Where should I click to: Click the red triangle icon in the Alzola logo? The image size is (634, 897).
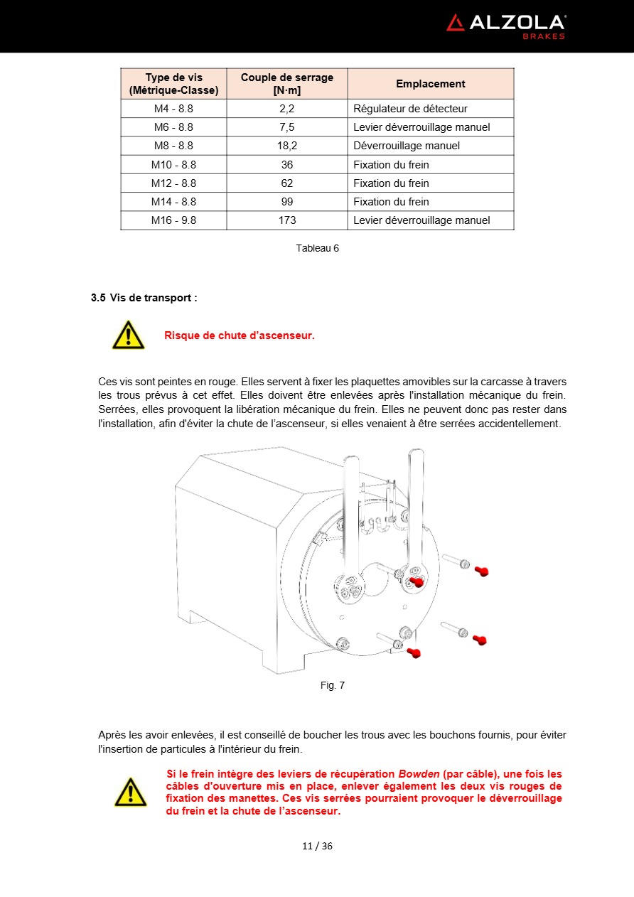pyautogui.click(x=456, y=23)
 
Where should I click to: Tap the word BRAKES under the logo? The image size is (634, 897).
pyautogui.click(x=544, y=36)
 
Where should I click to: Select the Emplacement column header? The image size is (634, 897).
pyautogui.click(x=430, y=84)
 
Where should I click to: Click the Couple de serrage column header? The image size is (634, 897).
pyautogui.click(x=286, y=84)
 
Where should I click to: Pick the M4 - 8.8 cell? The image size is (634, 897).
pyautogui.click(x=173, y=109)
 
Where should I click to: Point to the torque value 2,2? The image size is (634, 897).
pyautogui.click(x=286, y=109)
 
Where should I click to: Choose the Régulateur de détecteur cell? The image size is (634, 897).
pyautogui.click(x=410, y=109)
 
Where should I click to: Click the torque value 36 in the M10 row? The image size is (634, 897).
pyautogui.click(x=286, y=164)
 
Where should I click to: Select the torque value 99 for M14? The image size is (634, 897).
pyautogui.click(x=286, y=202)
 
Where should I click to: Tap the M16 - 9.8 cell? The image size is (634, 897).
pyautogui.click(x=173, y=220)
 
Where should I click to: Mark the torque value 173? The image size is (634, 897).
pyautogui.click(x=286, y=220)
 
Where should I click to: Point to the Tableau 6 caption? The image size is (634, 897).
pyautogui.click(x=317, y=248)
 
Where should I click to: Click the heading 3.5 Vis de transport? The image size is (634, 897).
pyautogui.click(x=144, y=298)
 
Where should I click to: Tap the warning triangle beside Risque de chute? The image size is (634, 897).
pyautogui.click(x=128, y=335)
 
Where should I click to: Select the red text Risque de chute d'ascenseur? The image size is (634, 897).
pyautogui.click(x=239, y=335)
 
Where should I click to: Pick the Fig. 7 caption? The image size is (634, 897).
pyautogui.click(x=332, y=685)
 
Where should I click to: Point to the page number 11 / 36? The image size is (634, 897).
pyautogui.click(x=317, y=846)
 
